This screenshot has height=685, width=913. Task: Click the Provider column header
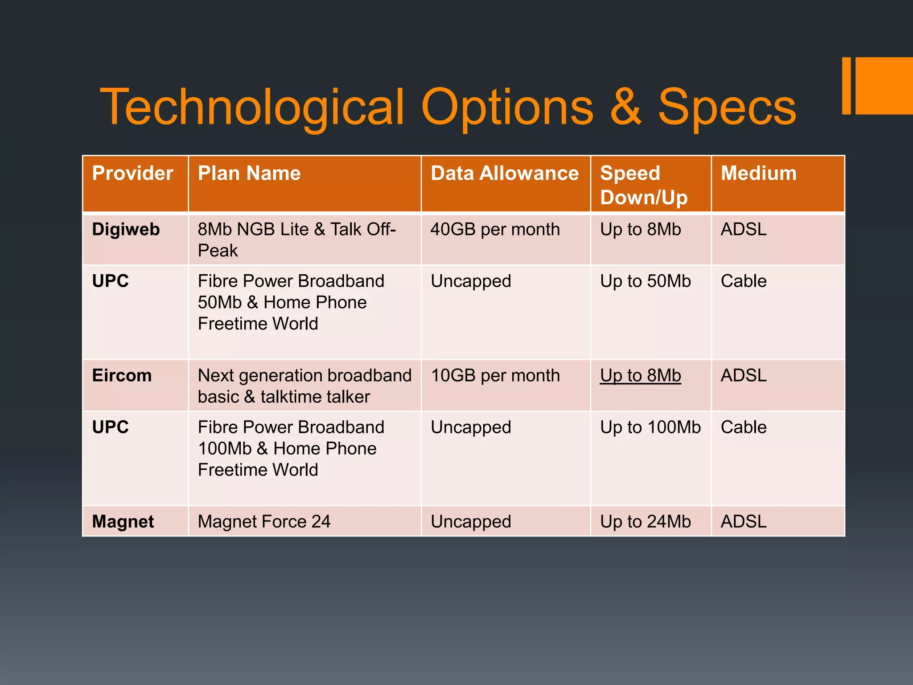coord(132,173)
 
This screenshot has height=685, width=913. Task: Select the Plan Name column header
coord(249,173)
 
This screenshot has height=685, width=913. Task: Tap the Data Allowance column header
coord(505,173)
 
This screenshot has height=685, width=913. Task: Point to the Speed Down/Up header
coord(644,185)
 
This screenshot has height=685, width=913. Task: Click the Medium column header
coord(758,173)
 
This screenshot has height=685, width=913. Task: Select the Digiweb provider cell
coord(126,230)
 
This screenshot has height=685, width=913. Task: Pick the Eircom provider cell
coord(122,376)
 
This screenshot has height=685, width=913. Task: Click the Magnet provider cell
coord(123,521)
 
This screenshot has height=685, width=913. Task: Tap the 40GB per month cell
coord(495,230)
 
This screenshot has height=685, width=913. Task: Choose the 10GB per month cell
coord(495,376)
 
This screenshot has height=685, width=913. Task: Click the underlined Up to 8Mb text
coord(640,376)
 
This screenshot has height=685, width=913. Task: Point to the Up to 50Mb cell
coord(645,281)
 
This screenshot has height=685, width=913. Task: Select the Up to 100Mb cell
coord(650,427)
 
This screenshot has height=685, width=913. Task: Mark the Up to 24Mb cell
coord(645,521)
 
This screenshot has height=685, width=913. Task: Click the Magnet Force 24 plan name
coord(264,521)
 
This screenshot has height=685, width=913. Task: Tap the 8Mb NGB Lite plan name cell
coord(296,240)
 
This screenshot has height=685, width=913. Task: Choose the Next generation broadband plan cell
coord(304,386)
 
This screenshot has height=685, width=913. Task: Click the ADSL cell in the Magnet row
coord(744,521)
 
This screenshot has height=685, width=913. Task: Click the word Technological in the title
coord(252,107)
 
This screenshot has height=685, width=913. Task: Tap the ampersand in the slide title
coord(625,107)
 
